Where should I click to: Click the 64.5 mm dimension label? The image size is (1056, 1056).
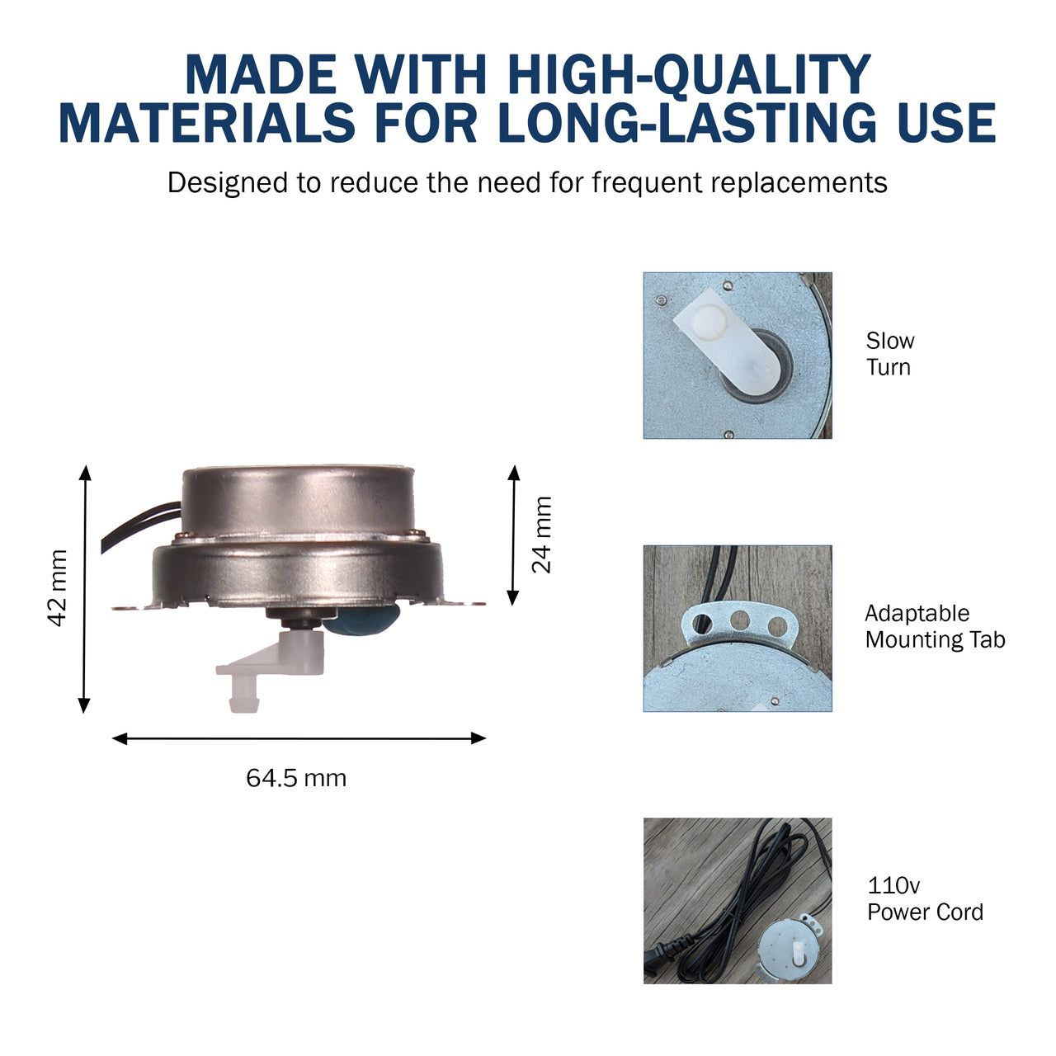click(x=296, y=778)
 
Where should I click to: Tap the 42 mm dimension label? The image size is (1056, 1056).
click(x=58, y=588)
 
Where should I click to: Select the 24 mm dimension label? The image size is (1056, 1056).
click(x=542, y=535)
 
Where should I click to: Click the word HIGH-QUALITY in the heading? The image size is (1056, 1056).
click(x=689, y=76)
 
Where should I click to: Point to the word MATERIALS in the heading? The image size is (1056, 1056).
click(x=207, y=124)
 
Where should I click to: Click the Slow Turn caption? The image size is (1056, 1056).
click(x=889, y=354)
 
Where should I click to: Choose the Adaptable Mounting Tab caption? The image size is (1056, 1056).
click(x=935, y=626)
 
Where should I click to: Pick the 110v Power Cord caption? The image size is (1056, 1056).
click(x=925, y=898)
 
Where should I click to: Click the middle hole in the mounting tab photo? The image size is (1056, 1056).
click(x=740, y=620)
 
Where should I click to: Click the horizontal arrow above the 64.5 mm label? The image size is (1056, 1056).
click(x=299, y=738)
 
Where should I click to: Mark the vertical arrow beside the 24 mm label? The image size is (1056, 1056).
click(x=513, y=535)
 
